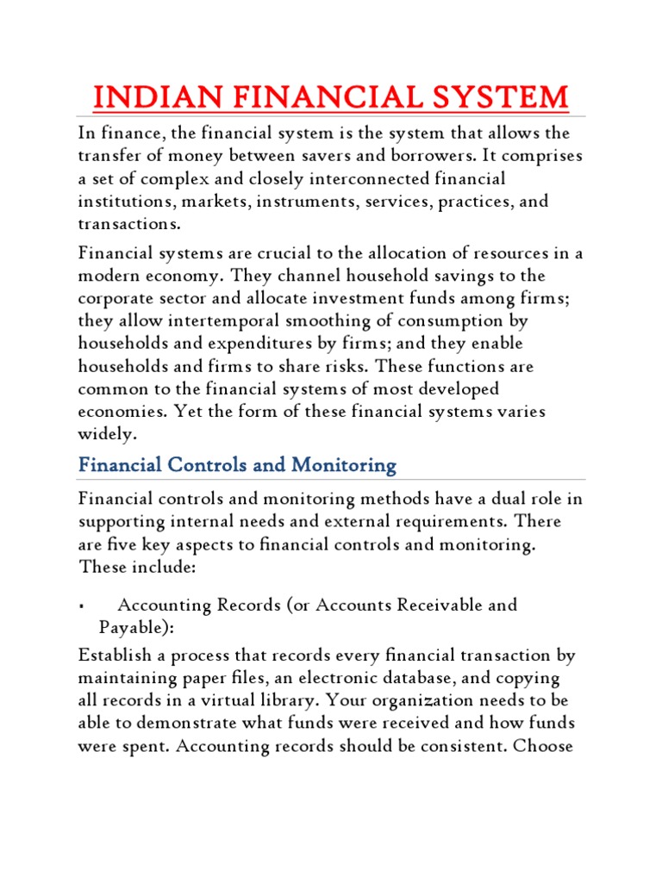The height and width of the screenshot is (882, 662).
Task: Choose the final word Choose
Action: click(543, 746)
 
